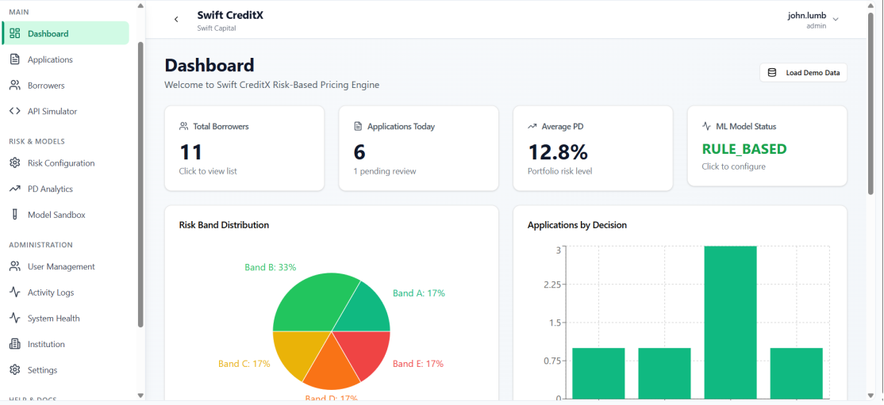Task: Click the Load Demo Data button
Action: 803,73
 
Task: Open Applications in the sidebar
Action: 50,59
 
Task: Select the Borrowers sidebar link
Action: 46,86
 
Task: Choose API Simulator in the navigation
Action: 52,112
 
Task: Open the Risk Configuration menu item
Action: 61,163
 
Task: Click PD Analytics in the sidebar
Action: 50,189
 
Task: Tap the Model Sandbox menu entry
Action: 56,215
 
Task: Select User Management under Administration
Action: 61,267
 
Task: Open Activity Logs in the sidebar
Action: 51,292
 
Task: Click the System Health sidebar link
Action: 53,319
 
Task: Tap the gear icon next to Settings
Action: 14,370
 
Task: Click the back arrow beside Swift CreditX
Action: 176,19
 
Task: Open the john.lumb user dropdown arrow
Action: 836,19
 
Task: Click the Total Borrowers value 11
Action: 191,151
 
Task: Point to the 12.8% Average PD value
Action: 557,151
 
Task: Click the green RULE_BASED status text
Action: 744,149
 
